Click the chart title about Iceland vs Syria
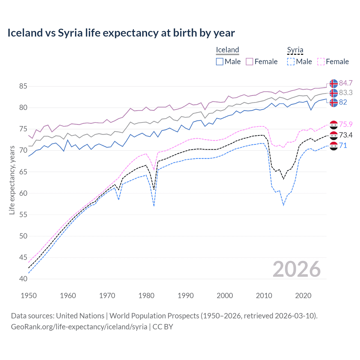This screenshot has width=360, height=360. [x=121, y=33]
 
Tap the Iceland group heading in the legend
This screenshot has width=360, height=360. [x=227, y=50]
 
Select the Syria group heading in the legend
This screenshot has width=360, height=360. [x=295, y=50]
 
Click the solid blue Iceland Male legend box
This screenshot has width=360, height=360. [x=220, y=62]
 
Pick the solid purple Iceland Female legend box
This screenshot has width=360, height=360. [x=249, y=62]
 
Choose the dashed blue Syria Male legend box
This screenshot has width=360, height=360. [x=291, y=62]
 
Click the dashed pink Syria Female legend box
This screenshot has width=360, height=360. [x=321, y=62]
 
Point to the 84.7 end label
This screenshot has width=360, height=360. [x=346, y=83]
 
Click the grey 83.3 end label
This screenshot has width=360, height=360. [x=346, y=93]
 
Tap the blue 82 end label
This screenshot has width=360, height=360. [x=343, y=102]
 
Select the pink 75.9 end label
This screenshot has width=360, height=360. [x=346, y=124]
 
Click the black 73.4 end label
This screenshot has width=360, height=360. [x=346, y=135]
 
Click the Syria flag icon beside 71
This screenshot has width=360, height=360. [x=334, y=146]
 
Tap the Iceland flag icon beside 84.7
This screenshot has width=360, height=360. [x=334, y=84]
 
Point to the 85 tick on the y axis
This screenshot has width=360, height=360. [x=23, y=86]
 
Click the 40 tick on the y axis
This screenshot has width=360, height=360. [x=23, y=279]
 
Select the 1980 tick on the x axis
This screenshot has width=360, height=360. [x=146, y=296]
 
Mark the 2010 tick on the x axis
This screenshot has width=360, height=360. [x=264, y=296]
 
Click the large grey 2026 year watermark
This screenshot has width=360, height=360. [x=296, y=269]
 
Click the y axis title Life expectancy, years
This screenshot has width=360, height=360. [x=12, y=180]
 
